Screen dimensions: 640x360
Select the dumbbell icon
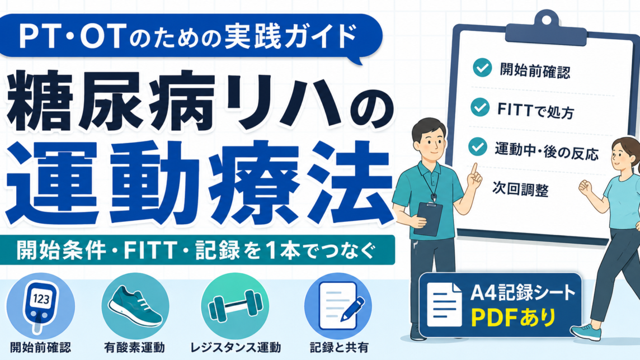[x=235, y=306]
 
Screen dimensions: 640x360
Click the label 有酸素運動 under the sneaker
[x=134, y=348]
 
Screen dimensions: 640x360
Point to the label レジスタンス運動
[x=236, y=348]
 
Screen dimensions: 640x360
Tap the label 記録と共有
[x=339, y=348]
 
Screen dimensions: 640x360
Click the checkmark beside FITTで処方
[x=479, y=107]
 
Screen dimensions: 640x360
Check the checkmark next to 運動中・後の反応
[x=478, y=147]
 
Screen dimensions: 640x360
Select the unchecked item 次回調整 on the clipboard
[x=520, y=189]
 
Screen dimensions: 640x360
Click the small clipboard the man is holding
[x=427, y=219]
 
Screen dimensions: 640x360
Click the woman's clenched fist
[x=585, y=187]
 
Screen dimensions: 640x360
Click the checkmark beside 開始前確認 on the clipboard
[x=482, y=68]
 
